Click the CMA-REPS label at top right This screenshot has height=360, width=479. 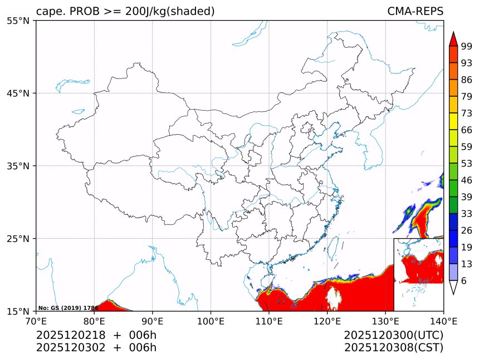coord(415,12)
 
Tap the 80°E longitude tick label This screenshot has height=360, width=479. coord(94,321)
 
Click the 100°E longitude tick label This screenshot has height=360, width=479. coord(211,321)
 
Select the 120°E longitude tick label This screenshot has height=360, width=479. coord(327,321)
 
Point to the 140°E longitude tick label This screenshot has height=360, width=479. coord(443,321)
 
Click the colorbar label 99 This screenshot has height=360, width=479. coord(467,46)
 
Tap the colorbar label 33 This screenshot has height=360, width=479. coord(467,214)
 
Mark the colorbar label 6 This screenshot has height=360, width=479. coord(464,281)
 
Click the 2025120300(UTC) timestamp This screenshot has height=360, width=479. coord(393,336)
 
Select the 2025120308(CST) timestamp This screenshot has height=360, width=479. coord(393,348)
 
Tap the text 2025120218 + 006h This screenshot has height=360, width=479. coord(96,336)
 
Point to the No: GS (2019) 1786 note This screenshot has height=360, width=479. coord(68,308)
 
